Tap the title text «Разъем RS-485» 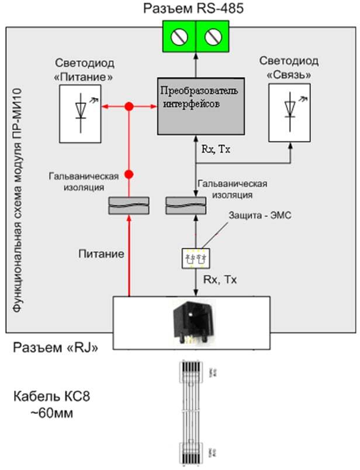pos(195,8)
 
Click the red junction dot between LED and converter pos(130,106)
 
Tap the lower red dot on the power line pos(130,174)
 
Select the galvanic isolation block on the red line pos(130,205)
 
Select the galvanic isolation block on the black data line pos(185,205)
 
